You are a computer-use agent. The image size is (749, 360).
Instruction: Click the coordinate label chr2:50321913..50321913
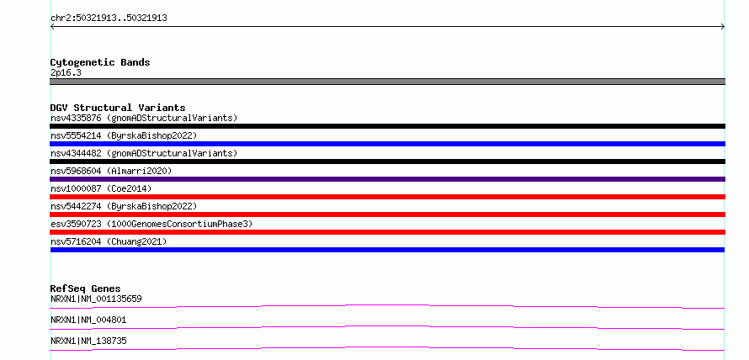(109, 19)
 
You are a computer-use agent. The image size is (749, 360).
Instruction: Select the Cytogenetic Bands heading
(100, 62)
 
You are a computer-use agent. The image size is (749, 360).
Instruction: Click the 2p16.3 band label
(66, 73)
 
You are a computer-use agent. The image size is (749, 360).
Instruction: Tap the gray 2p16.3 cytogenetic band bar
(387, 82)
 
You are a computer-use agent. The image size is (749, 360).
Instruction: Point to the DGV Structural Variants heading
(118, 108)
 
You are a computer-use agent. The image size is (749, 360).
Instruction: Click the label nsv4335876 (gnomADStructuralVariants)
(144, 118)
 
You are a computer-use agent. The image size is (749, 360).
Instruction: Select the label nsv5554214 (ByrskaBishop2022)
(124, 135)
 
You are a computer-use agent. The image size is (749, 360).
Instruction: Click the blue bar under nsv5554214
(387, 144)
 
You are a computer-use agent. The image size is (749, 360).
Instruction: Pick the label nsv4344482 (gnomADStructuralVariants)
(144, 153)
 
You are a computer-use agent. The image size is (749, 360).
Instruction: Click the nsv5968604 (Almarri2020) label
(111, 171)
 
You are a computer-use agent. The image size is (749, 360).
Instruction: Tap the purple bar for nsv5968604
(387, 179)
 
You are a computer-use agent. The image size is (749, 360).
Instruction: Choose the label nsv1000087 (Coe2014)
(101, 188)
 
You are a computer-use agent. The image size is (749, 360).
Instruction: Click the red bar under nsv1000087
(387, 197)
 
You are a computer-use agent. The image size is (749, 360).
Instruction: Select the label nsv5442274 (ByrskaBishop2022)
(124, 206)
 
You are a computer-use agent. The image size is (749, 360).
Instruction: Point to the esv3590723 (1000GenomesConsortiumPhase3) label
(151, 224)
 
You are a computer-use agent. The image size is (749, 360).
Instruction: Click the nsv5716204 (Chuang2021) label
(109, 241)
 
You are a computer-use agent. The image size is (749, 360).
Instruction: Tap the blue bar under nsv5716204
(387, 250)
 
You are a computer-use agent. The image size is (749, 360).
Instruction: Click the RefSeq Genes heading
(86, 289)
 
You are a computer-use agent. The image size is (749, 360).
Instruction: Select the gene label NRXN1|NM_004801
(88, 320)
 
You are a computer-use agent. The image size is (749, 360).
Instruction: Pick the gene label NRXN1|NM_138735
(88, 341)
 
